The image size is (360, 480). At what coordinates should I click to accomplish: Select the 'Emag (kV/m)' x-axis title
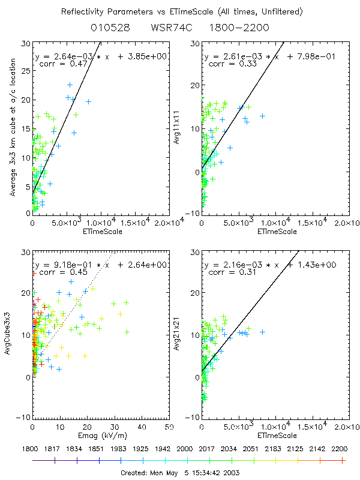pyautogui.click(x=100, y=435)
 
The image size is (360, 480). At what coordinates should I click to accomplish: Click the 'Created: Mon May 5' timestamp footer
pyautogui.click(x=181, y=472)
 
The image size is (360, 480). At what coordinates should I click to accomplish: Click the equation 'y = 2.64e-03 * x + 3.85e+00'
pyautogui.click(x=101, y=56)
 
